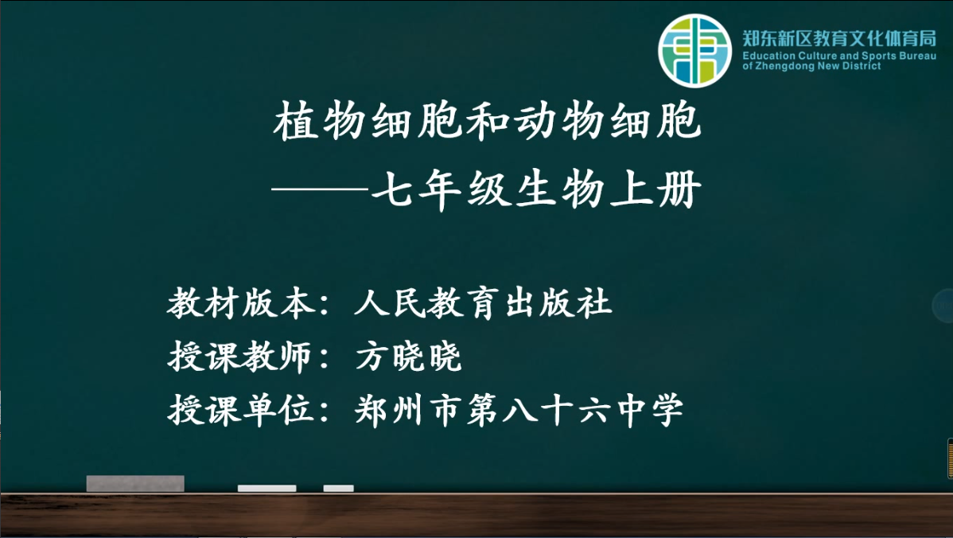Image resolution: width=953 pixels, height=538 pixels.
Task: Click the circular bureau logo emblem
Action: [x=694, y=50]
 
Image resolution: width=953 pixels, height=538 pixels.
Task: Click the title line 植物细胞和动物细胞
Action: [x=488, y=121]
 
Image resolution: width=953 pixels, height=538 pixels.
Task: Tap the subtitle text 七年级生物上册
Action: [x=537, y=189]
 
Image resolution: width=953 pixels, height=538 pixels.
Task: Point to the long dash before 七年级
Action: [x=321, y=189]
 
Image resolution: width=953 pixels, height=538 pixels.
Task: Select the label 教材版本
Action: [x=241, y=302]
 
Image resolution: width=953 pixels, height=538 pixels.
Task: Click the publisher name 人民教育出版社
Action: [x=483, y=302]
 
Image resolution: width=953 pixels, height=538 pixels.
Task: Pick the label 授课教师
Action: [x=241, y=357]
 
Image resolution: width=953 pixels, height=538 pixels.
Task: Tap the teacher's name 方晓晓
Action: [x=408, y=357]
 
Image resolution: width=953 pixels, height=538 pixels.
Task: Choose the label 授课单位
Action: [x=241, y=410]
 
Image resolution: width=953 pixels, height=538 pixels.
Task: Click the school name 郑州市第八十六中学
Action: [x=519, y=410]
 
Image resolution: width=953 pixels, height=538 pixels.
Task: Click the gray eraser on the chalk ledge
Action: [x=135, y=483]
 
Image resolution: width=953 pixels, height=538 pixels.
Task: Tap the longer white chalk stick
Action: [x=266, y=488]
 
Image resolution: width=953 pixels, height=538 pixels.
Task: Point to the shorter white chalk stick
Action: [x=339, y=488]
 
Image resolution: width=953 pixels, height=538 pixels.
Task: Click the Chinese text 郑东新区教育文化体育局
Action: [x=839, y=38]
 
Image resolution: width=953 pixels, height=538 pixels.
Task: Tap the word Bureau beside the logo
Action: [x=918, y=56]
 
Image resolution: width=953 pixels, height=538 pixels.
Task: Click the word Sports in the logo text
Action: [x=879, y=56]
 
